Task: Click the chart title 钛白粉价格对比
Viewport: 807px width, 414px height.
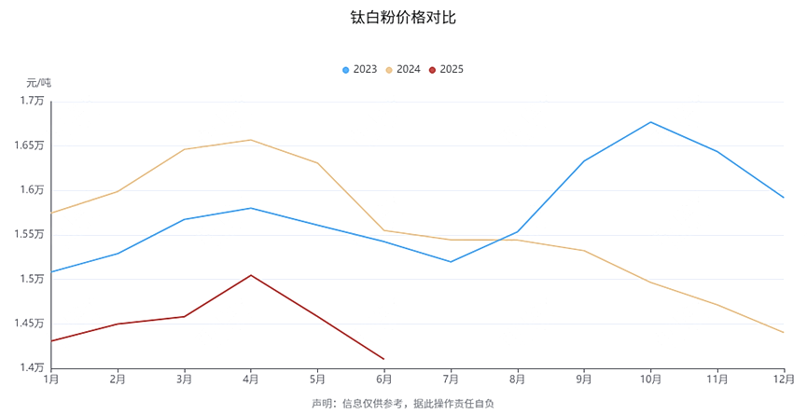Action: click(x=403, y=18)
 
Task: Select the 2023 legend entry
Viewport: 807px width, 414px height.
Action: click(x=360, y=69)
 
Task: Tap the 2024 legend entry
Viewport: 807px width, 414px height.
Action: click(x=403, y=69)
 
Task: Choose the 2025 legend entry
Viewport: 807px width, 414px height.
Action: click(x=446, y=69)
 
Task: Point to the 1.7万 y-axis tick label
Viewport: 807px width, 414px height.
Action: click(x=32, y=101)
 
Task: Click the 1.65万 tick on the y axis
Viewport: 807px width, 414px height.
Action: click(x=29, y=145)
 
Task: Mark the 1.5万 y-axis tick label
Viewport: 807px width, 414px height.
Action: click(x=32, y=279)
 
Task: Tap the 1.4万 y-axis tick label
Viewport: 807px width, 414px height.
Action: click(x=32, y=367)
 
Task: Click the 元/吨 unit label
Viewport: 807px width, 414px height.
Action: click(x=38, y=83)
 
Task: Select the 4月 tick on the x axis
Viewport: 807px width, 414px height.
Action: click(x=251, y=379)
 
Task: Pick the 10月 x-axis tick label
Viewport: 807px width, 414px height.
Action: click(x=650, y=379)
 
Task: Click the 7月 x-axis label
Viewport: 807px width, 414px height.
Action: click(x=451, y=379)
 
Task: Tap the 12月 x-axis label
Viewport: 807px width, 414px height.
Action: click(x=784, y=379)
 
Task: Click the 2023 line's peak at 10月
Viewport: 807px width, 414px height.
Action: click(x=650, y=122)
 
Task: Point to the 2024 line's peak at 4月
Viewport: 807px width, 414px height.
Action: click(x=251, y=140)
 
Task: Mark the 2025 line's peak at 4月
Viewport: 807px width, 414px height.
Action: click(x=251, y=275)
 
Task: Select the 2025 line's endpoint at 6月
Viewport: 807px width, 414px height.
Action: click(x=383, y=359)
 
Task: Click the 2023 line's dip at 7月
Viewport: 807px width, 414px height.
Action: click(x=451, y=262)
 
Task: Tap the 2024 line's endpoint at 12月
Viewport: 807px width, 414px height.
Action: click(x=784, y=333)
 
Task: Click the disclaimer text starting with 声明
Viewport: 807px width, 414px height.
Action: click(x=403, y=404)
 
